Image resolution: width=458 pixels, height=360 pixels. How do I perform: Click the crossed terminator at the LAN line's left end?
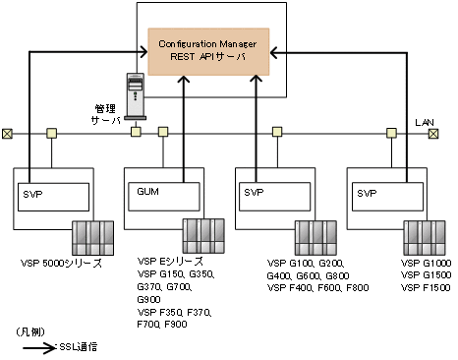click(8, 133)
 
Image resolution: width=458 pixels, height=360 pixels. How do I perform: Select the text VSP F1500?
click(425, 287)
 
